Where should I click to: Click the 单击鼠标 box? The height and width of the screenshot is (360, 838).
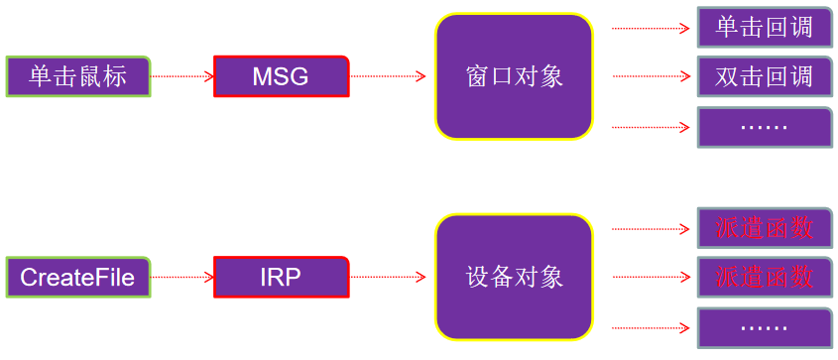coord(78,76)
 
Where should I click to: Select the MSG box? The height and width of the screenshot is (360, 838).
coord(281,76)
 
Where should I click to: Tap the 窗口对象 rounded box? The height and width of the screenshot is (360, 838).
coord(514,76)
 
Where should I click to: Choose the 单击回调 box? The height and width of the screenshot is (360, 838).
coord(764,27)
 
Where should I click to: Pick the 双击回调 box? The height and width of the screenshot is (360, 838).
coord(764,76)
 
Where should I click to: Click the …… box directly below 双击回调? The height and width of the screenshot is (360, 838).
coord(764,127)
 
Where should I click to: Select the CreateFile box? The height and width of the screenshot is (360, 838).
coord(78,277)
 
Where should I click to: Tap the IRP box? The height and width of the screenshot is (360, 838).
coord(281,277)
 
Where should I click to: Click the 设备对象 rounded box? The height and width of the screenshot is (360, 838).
coord(514,277)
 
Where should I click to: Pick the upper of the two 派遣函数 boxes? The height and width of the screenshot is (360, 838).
coord(764,228)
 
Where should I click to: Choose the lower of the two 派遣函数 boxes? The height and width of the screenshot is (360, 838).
coord(764,277)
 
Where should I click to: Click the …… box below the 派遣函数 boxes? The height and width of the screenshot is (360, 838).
coord(764,327)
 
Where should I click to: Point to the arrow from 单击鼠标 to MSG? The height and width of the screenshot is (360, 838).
coord(181,76)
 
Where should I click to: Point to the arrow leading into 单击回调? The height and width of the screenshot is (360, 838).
coord(650,28)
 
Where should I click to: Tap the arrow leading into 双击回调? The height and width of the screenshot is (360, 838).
coord(650,76)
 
